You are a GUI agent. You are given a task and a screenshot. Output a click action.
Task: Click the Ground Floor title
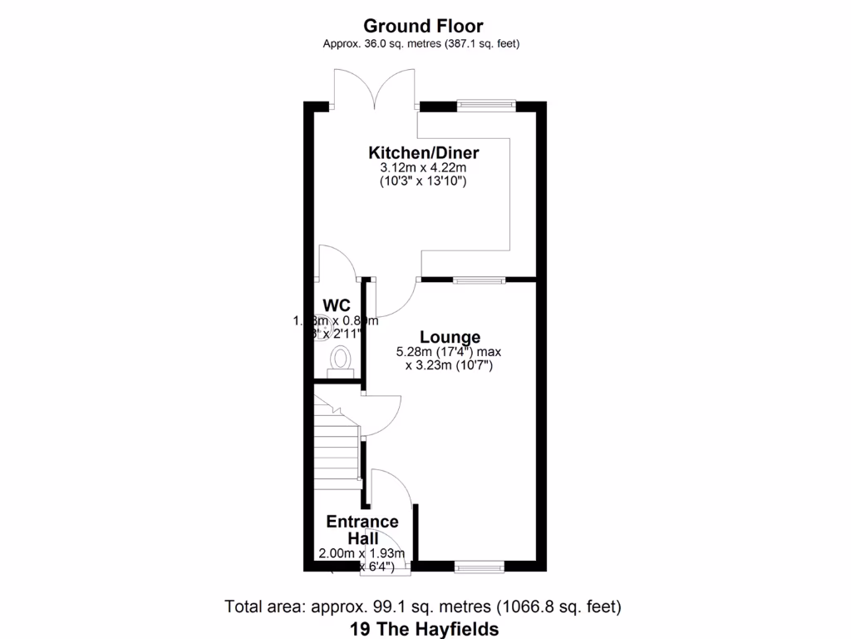[423, 26]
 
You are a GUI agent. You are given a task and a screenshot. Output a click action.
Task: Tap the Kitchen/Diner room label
[424, 153]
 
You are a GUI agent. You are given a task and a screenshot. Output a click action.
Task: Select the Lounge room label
[450, 337]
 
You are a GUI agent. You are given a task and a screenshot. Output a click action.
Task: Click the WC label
[336, 304]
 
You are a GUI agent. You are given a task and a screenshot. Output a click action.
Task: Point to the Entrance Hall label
[362, 530]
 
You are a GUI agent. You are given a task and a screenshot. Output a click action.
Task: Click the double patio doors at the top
[375, 91]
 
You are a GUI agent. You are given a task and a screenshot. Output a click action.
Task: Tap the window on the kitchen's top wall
[485, 105]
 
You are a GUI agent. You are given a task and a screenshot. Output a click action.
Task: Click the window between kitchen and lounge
[479, 280]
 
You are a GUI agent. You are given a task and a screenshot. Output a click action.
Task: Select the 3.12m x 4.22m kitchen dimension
[424, 169]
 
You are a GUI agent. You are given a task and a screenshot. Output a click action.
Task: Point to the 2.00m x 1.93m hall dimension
[362, 553]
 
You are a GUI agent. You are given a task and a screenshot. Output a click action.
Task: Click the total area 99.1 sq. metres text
[423, 607]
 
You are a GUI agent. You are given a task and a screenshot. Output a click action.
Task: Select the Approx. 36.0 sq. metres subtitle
[421, 44]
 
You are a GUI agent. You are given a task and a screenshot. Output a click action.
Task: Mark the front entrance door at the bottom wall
[386, 567]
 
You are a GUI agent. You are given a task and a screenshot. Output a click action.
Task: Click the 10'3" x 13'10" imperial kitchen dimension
[424, 181]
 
